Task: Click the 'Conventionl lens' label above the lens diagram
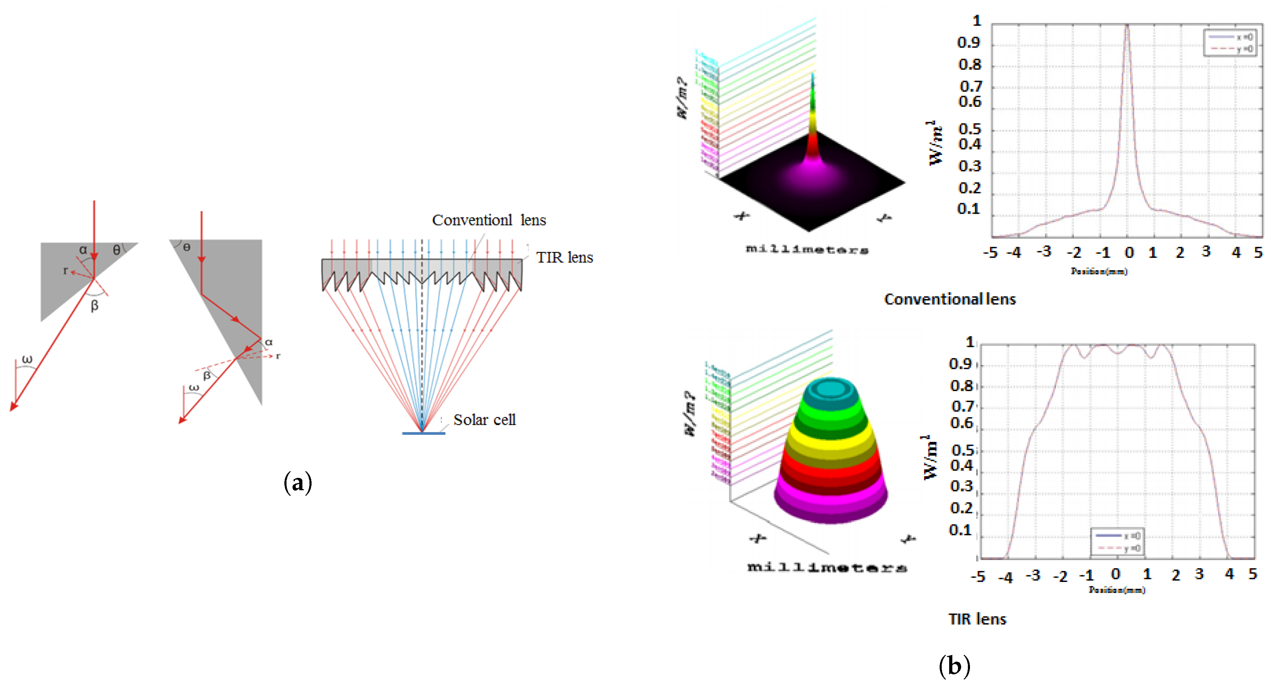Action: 488,220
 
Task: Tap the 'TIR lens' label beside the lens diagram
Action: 564,257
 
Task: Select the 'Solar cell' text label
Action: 484,420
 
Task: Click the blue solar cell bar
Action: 423,433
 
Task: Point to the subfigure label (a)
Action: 298,482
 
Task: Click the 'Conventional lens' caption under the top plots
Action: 950,299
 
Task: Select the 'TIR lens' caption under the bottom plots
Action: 977,619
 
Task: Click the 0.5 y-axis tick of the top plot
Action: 969,129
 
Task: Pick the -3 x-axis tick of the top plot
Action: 1043,252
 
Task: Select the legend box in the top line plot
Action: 1230,43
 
